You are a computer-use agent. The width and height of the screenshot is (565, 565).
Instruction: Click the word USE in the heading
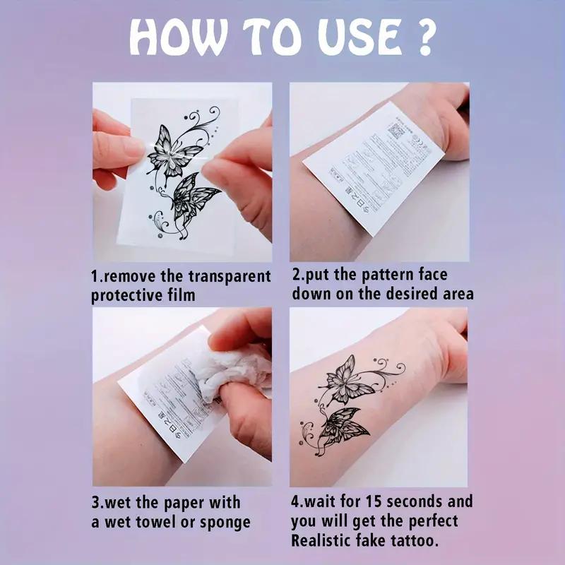345,37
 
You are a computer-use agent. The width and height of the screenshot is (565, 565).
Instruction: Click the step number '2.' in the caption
298,275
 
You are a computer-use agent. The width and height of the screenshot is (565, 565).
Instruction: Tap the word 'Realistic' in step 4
325,542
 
